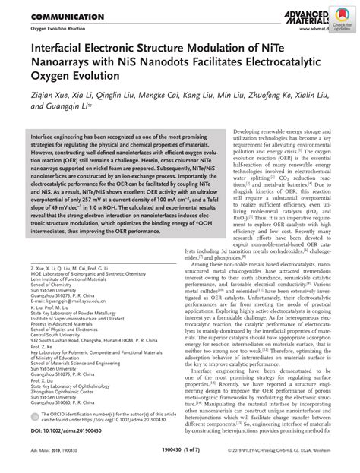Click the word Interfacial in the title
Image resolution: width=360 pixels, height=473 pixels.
[57, 51]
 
